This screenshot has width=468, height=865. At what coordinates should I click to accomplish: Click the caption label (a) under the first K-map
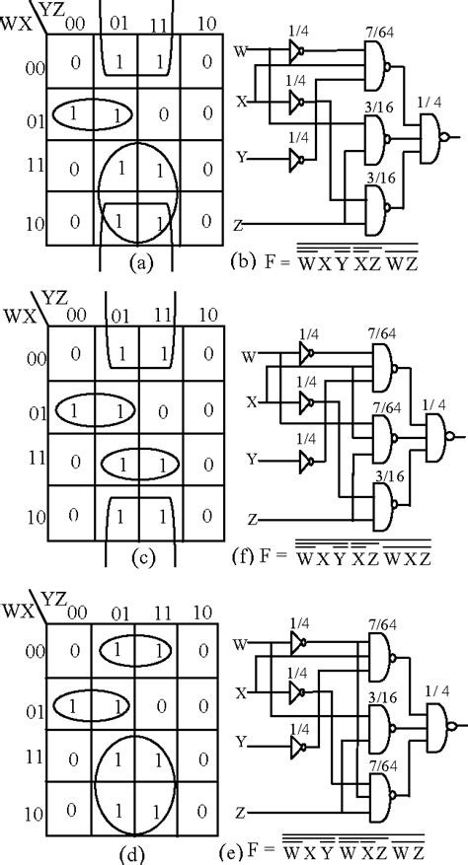click(x=137, y=263)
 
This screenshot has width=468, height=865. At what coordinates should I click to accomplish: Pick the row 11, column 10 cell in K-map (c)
click(x=206, y=460)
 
